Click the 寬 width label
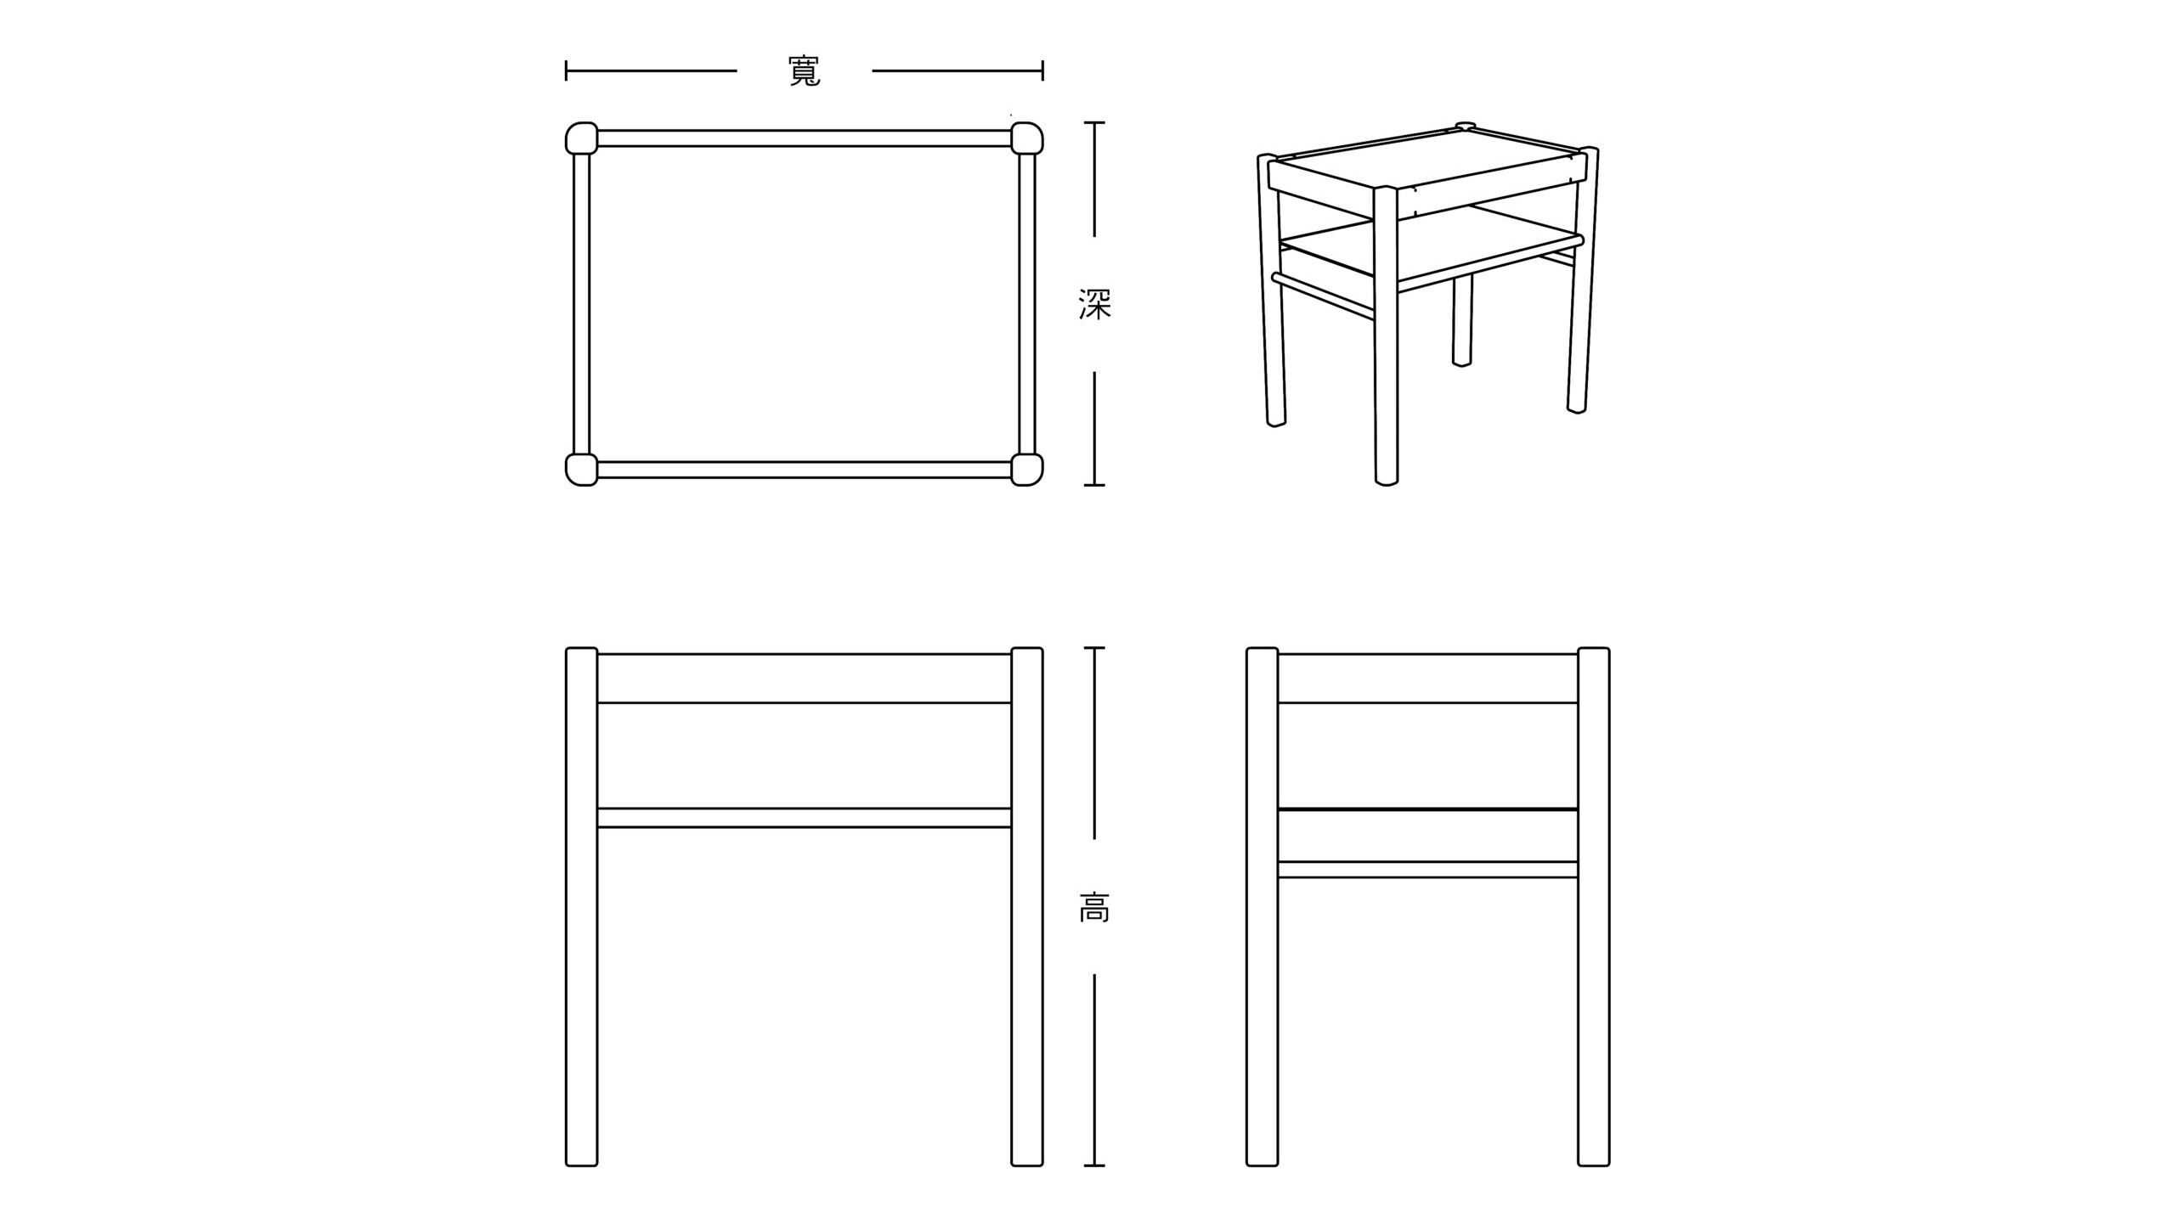805,71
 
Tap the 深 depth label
1094,304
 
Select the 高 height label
1094,907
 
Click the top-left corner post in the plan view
582,138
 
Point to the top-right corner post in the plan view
1027,138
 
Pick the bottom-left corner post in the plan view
582,470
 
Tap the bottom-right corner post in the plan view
1027,470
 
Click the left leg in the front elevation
582,907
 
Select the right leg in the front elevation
1027,907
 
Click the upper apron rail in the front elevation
805,678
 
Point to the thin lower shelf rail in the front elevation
805,818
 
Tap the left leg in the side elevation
1263,907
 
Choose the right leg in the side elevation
1594,907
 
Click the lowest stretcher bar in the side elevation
1428,870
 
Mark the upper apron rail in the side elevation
1428,678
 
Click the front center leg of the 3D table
1386,335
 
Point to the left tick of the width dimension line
567,70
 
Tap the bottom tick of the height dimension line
1094,1165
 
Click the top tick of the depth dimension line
1094,122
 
